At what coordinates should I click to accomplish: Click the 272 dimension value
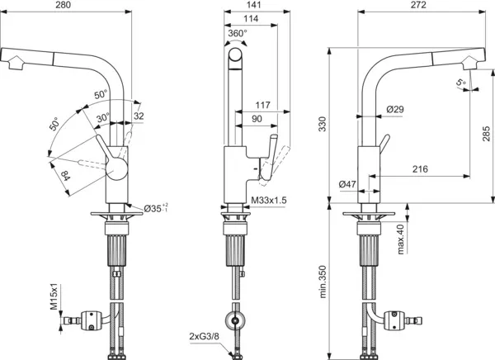pyautogui.click(x=418, y=7)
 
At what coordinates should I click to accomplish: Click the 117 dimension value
pyautogui.click(x=262, y=106)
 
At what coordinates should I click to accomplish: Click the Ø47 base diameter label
pyautogui.click(x=347, y=184)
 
